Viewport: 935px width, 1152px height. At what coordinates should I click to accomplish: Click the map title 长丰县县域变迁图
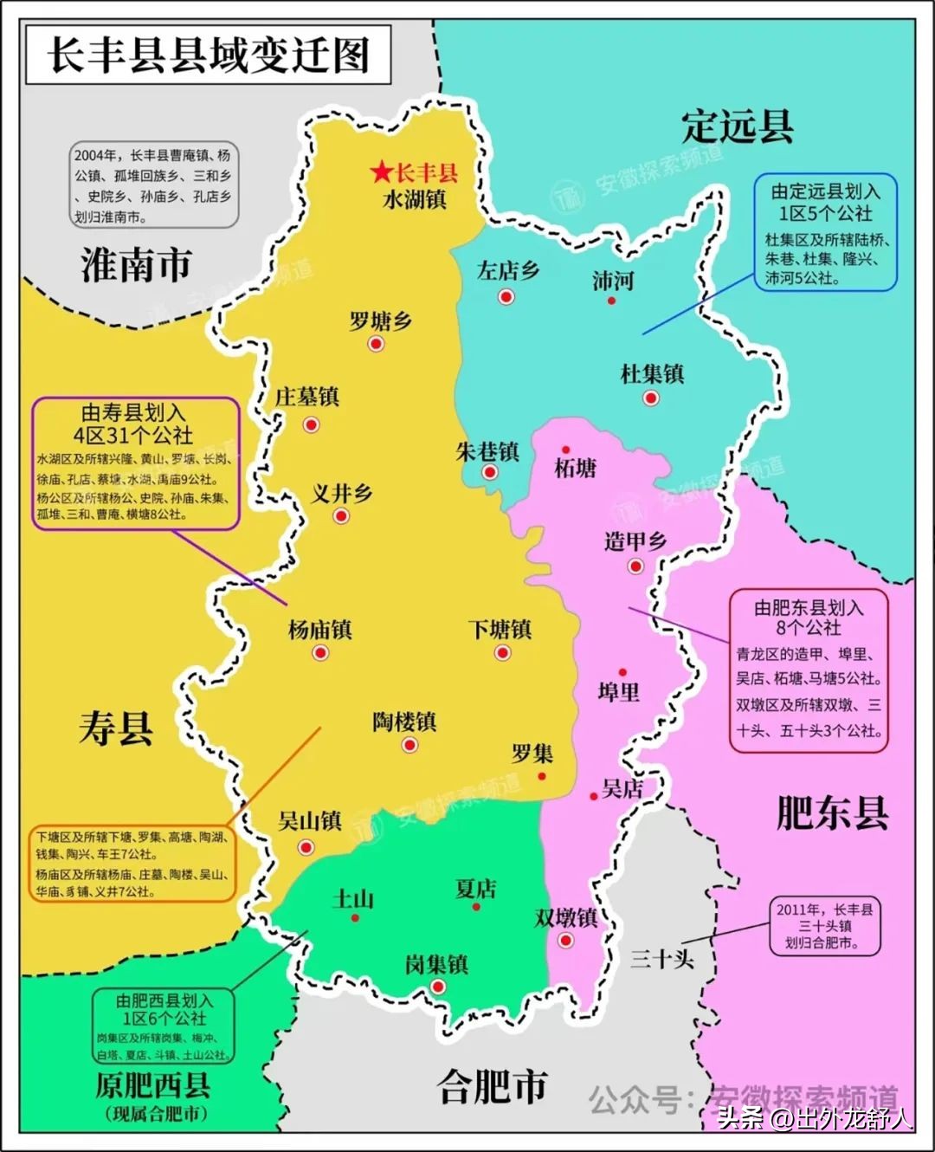pyautogui.click(x=208, y=55)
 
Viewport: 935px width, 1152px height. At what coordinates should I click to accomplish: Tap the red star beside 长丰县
pyautogui.click(x=381, y=172)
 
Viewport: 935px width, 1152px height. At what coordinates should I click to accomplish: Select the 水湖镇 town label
pyautogui.click(x=415, y=199)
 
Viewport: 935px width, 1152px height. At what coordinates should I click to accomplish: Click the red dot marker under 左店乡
pyautogui.click(x=506, y=297)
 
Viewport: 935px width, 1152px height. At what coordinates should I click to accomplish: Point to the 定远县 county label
pyautogui.click(x=738, y=126)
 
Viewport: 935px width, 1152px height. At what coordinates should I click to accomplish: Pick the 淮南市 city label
pyautogui.click(x=136, y=265)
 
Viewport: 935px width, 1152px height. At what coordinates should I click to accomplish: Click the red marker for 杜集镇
pyautogui.click(x=651, y=398)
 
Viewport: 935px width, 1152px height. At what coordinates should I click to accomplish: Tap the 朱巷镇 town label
pyautogui.click(x=487, y=451)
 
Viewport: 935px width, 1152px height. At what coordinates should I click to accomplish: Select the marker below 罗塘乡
pyautogui.click(x=376, y=344)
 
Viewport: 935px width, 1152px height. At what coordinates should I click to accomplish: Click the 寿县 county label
pyautogui.click(x=116, y=728)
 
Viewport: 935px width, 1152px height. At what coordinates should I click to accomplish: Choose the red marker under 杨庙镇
pyautogui.click(x=320, y=652)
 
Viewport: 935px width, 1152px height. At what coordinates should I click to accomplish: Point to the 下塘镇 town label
pyautogui.click(x=500, y=629)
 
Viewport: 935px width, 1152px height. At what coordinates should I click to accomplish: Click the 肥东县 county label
pyautogui.click(x=832, y=813)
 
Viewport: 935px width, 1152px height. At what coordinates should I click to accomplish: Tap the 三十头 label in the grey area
pyautogui.click(x=662, y=958)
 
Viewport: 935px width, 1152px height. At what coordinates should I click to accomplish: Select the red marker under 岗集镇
pyautogui.click(x=437, y=987)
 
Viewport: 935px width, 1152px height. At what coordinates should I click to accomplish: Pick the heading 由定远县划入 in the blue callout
pyautogui.click(x=825, y=191)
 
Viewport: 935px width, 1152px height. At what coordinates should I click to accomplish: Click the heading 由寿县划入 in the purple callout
pyautogui.click(x=134, y=412)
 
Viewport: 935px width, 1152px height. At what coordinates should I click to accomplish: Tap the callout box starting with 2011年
pyautogui.click(x=825, y=926)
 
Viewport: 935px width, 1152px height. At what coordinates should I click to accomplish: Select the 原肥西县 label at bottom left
pyautogui.click(x=153, y=1085)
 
